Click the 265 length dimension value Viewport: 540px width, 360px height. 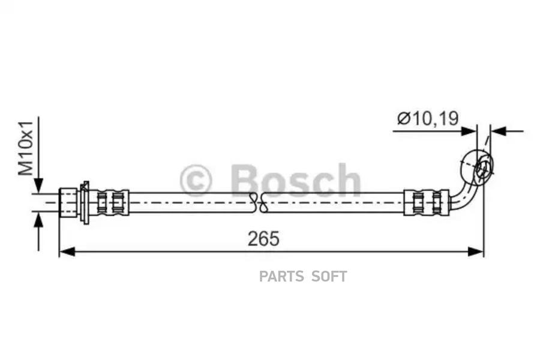263,239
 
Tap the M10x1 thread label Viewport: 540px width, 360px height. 26,148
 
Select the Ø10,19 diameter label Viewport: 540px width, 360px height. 428,118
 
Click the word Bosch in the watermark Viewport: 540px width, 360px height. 295,180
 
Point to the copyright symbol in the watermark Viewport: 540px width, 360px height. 195,181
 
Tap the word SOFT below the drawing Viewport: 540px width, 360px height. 329,277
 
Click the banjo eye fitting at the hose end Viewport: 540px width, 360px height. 478,166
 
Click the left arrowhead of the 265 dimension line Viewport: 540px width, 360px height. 67,251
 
